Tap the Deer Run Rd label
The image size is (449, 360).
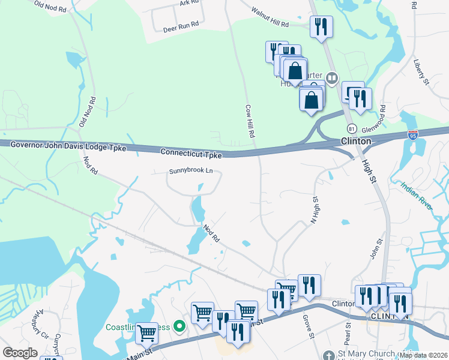[181, 29]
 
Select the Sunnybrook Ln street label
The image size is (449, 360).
[191, 171]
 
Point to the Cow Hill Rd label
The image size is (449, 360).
[250, 120]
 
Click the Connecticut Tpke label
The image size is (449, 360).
[191, 153]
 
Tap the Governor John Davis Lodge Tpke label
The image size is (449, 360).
[68, 146]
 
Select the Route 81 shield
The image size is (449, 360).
[352, 128]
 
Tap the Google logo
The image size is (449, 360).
[20, 353]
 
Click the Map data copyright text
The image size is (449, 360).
[423, 355]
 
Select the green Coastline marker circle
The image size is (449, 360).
[178, 327]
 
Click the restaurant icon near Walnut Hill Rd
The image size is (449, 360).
[321, 27]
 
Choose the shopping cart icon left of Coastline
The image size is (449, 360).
[146, 332]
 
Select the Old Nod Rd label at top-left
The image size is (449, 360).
[49, 7]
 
